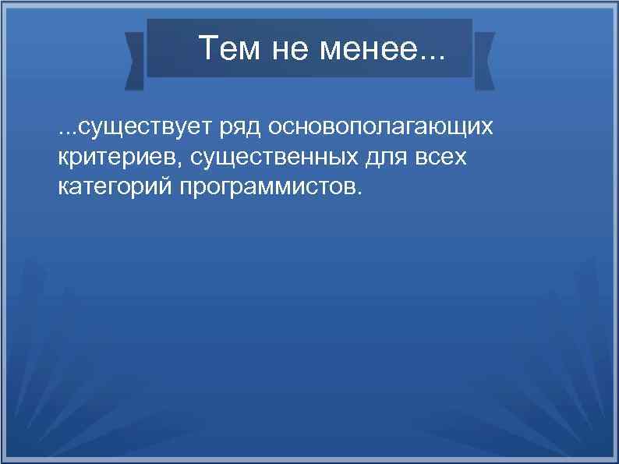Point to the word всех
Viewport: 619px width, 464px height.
coord(440,158)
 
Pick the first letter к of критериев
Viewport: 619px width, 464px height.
coord(63,158)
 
